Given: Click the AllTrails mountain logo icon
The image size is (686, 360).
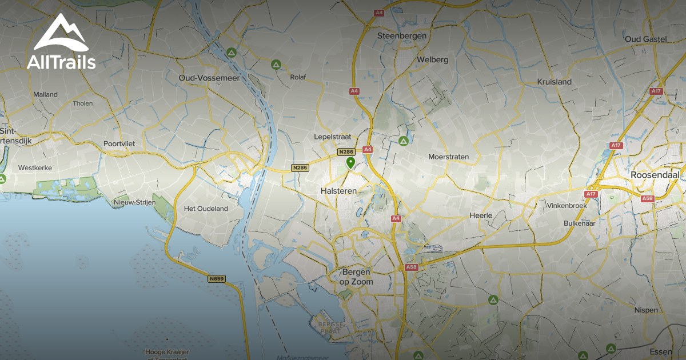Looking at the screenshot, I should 60,33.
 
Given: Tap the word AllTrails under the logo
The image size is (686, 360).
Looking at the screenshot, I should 61,62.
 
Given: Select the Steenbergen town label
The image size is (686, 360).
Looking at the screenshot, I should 402,36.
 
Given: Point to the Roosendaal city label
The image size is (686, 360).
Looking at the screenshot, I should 657,174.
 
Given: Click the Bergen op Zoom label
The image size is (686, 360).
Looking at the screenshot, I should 357,277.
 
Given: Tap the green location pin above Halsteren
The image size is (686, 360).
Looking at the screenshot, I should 350,163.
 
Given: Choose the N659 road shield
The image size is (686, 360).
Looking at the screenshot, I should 217,279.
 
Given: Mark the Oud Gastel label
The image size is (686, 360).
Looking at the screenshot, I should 646,39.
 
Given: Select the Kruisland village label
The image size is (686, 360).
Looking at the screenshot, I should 554,82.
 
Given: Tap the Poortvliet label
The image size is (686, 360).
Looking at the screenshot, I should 119,143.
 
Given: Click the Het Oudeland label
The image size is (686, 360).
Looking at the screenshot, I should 206,209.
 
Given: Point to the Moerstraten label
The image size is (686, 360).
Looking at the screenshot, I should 448,157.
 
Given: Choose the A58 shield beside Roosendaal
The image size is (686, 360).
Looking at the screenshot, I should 647,198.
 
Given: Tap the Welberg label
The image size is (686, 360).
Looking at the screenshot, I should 432,59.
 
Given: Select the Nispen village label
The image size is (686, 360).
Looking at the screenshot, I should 646,310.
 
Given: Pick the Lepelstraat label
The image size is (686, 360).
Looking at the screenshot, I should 332,137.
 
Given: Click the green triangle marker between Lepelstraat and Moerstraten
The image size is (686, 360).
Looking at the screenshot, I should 404,141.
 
